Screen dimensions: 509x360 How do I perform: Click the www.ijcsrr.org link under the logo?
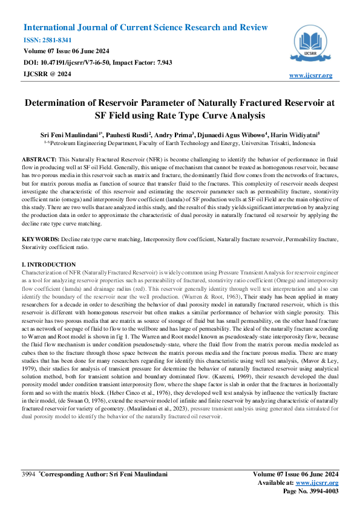(311, 75)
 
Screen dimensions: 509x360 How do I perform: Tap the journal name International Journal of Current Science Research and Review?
(145, 28)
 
